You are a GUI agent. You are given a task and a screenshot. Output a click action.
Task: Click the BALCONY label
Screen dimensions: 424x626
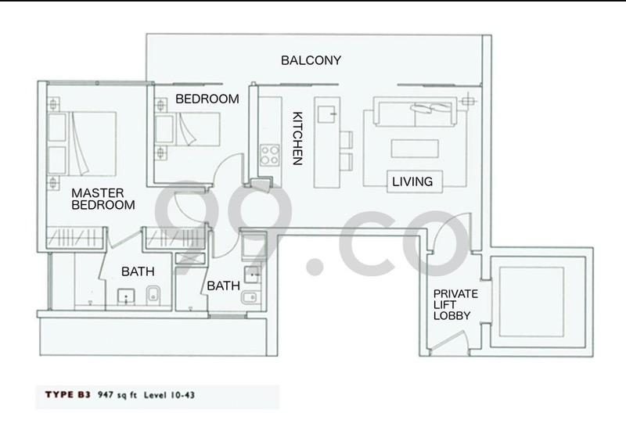point(311,60)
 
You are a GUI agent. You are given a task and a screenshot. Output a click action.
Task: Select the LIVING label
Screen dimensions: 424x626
point(412,181)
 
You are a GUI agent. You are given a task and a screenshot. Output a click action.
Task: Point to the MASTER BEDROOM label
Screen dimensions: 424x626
point(103,199)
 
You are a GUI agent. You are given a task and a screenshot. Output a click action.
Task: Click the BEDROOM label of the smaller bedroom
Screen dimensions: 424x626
point(207,99)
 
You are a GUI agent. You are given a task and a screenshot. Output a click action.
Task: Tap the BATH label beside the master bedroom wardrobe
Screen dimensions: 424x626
point(137,271)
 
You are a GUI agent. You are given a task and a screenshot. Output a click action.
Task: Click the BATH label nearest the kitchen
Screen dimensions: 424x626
point(222,287)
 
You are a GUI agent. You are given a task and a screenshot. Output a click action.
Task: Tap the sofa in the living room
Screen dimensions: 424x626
point(414,113)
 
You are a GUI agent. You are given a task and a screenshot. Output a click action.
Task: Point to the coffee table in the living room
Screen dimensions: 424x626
point(413,149)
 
